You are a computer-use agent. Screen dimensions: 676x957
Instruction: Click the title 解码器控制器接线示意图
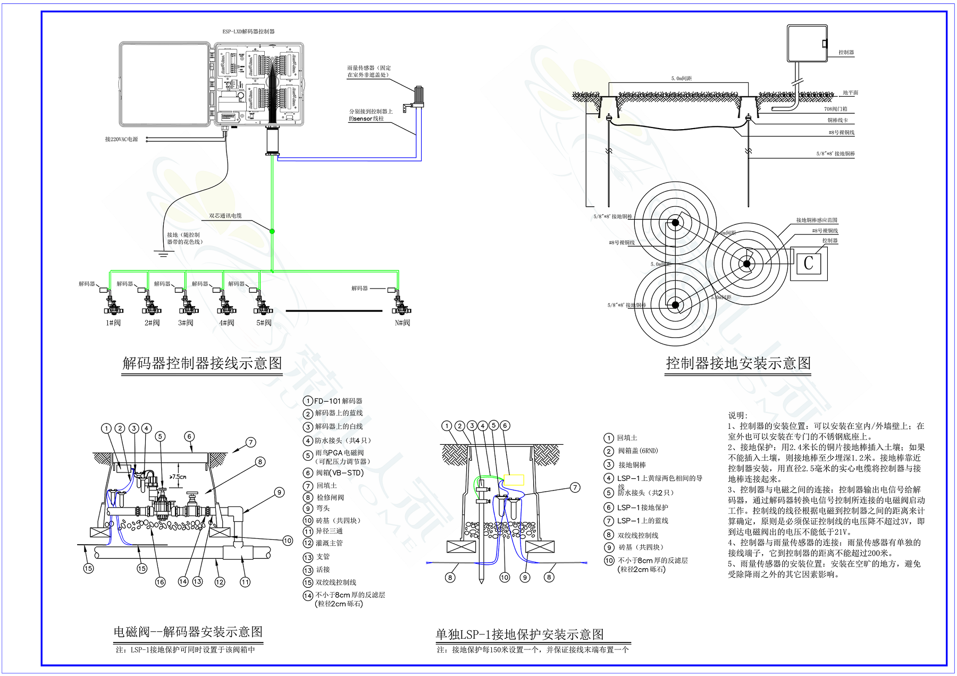point(202,364)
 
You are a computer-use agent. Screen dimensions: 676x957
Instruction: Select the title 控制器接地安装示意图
point(738,364)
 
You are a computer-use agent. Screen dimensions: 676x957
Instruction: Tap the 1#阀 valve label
point(113,323)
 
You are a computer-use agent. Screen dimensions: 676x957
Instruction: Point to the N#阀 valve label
point(402,323)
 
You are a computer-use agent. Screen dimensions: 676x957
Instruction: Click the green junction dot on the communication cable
point(272,231)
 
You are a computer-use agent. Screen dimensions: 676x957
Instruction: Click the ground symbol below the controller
point(163,253)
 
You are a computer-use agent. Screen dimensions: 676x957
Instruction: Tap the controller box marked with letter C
point(809,263)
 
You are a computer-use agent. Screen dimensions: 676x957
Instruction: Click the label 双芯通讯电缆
point(225,216)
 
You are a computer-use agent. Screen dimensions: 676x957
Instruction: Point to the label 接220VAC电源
point(121,139)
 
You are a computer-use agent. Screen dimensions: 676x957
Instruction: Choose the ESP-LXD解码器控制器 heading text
point(248,32)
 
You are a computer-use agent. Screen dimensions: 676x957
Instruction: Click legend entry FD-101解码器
point(338,401)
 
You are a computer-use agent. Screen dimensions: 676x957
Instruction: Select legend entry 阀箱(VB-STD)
point(340,472)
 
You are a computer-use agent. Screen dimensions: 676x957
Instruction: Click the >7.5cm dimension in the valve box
point(178,477)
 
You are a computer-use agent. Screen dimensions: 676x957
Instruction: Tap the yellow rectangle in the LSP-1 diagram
point(514,480)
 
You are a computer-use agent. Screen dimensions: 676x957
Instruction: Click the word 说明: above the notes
point(738,416)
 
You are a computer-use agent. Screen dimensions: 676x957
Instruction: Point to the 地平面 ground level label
point(850,93)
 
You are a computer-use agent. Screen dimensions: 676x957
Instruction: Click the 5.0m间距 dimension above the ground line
point(681,79)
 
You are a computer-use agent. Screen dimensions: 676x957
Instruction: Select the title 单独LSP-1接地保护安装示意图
point(519,635)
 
